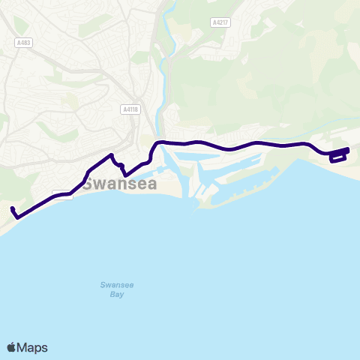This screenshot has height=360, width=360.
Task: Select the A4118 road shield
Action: [130, 109]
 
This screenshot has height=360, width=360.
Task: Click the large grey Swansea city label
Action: [120, 184]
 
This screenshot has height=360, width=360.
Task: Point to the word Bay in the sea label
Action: [115, 295]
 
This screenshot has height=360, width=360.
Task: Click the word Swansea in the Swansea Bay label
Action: [115, 285]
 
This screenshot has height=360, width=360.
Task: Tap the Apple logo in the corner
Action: [11, 347]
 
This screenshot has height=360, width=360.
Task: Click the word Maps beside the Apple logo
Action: [32, 347]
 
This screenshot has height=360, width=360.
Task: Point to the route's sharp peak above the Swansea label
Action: [112, 155]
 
